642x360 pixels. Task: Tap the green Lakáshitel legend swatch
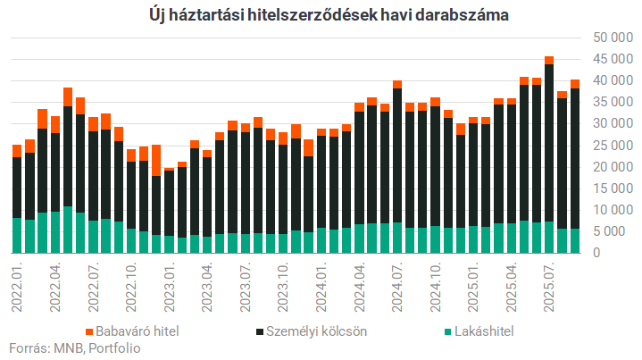point(449,331)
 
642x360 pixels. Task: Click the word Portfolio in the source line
point(113,348)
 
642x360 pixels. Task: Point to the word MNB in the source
point(66,348)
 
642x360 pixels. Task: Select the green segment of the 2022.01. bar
point(17,235)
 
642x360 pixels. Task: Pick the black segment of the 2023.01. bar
point(169,205)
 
